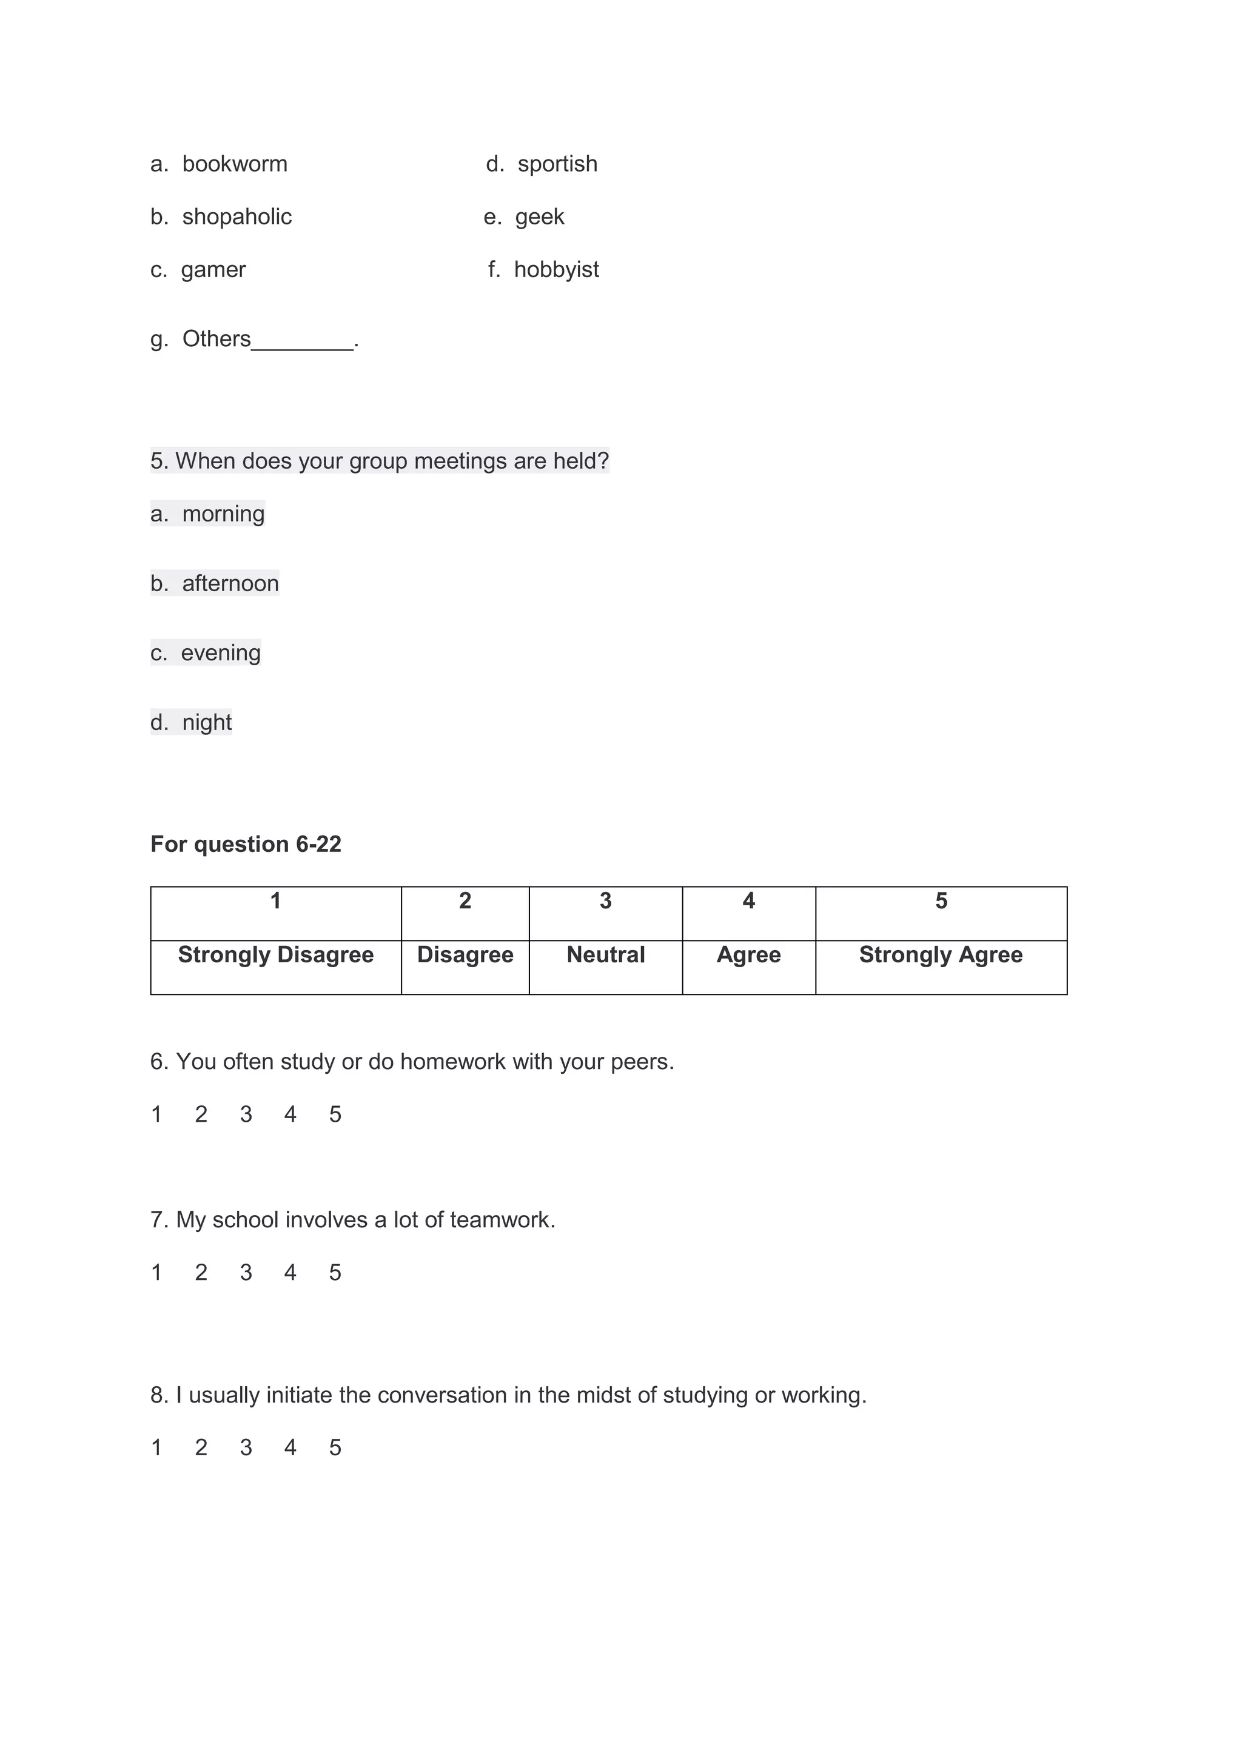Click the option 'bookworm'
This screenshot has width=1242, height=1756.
point(234,164)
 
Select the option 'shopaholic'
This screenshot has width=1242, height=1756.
point(237,216)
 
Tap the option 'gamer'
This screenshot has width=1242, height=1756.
point(213,269)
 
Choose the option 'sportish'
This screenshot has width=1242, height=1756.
point(557,164)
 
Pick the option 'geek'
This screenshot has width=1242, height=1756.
point(539,216)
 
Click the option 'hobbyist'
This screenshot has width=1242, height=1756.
point(556,269)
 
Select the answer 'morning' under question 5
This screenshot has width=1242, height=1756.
point(223,513)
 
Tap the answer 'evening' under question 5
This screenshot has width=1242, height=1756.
point(220,652)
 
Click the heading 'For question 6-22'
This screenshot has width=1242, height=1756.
point(246,843)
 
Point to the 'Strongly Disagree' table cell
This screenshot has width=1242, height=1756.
point(275,955)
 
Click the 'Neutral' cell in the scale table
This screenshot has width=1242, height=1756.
point(606,955)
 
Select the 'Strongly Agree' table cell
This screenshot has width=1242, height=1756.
point(941,955)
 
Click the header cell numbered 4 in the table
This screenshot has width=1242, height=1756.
point(749,902)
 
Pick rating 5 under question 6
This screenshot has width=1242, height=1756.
point(335,1114)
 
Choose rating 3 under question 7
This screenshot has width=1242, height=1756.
point(246,1272)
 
